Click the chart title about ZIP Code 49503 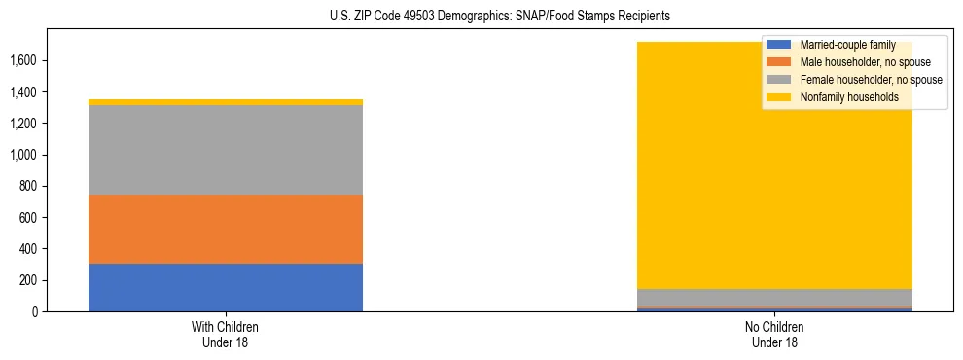(x=481, y=17)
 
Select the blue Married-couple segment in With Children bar (x=225, y=287)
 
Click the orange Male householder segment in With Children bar (x=225, y=229)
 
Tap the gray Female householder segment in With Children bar (x=225, y=150)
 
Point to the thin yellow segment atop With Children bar (x=225, y=102)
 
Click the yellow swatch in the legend (x=778, y=97)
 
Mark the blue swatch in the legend (x=778, y=45)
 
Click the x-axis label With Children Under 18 (x=225, y=334)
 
